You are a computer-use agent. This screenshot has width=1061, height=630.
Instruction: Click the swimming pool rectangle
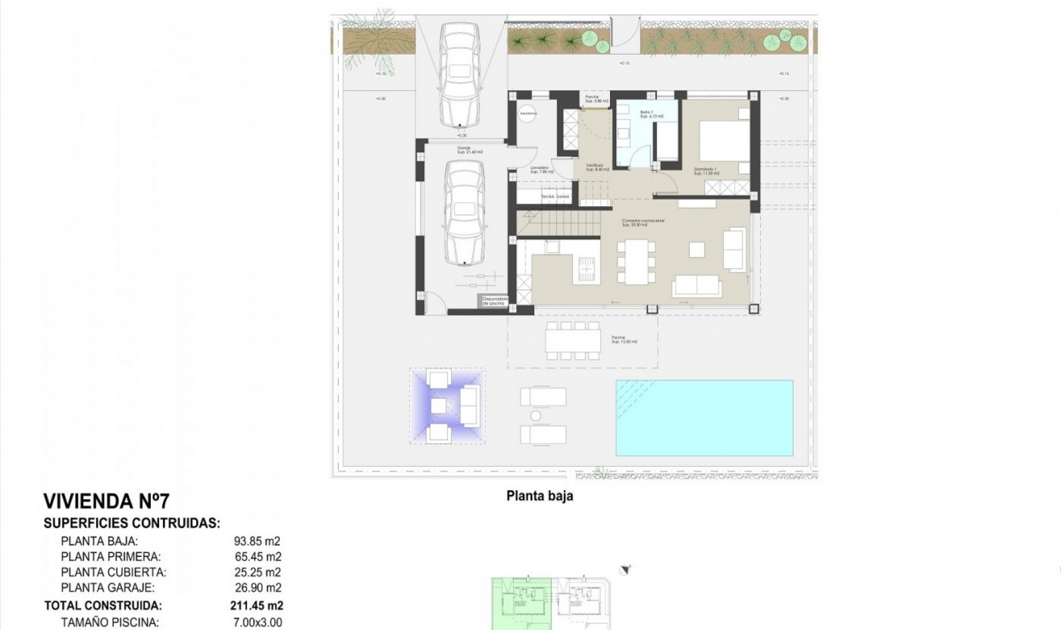704,418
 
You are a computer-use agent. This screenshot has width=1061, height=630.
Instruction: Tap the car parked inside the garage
465,213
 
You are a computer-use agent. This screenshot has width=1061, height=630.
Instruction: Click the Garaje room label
470,150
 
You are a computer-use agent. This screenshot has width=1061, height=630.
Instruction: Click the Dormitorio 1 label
706,171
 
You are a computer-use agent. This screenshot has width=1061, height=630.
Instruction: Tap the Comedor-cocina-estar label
643,222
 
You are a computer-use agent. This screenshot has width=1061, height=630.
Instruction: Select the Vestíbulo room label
597,167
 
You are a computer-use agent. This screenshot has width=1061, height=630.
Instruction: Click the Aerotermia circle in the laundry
528,113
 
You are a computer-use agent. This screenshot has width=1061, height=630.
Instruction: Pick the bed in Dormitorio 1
724,141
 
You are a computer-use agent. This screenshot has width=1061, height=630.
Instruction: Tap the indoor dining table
636,261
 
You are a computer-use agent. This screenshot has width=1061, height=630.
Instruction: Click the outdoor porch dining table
572,341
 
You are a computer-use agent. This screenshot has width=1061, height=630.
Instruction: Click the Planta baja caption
539,496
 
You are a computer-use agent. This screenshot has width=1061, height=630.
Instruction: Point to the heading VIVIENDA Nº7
106,501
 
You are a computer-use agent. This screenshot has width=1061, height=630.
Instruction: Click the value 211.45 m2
256,606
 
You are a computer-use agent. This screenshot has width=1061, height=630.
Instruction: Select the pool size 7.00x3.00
258,622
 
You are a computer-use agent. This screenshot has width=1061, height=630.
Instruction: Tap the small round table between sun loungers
535,416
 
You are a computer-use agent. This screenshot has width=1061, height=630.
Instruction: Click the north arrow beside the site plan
626,570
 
